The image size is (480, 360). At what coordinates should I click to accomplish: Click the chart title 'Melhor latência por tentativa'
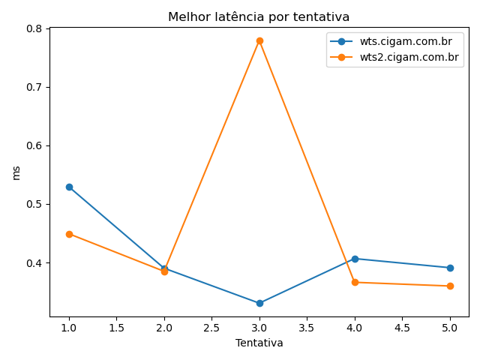click(x=259, y=16)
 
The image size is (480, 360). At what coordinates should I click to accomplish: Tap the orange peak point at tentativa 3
click(x=259, y=40)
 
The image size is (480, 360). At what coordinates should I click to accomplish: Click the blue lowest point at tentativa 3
click(x=259, y=303)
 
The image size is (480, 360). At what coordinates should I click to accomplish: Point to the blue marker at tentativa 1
click(x=69, y=187)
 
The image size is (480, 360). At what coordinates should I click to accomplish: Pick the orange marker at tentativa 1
click(x=69, y=234)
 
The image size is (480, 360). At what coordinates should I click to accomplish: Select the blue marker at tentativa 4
click(x=355, y=259)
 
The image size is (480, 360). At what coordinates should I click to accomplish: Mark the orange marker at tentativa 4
click(x=355, y=282)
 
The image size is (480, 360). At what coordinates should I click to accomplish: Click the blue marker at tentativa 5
click(x=450, y=268)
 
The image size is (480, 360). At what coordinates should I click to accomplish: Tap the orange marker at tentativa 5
click(x=450, y=286)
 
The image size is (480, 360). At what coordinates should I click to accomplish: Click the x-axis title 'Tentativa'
click(x=259, y=343)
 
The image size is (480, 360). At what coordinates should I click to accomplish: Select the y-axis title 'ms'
click(x=16, y=172)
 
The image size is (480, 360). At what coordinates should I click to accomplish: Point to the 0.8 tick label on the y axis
click(x=34, y=28)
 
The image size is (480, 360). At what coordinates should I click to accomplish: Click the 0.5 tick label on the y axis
click(x=34, y=204)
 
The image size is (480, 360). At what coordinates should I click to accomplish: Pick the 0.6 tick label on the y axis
click(x=34, y=145)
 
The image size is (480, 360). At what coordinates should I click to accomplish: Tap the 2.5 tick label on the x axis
click(x=211, y=328)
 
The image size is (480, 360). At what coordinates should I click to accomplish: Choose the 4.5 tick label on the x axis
click(x=402, y=328)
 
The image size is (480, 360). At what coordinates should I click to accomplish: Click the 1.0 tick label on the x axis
click(x=69, y=328)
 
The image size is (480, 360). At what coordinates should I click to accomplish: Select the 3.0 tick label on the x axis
click(x=259, y=328)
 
